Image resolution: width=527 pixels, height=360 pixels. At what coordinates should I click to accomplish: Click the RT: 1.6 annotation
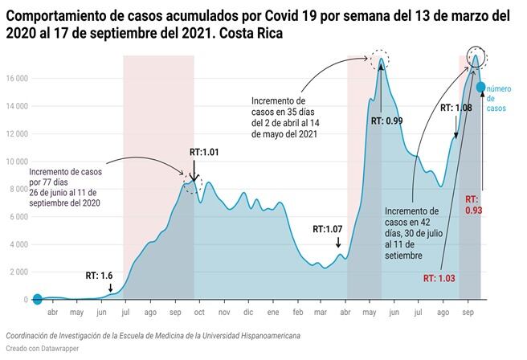point(100,276)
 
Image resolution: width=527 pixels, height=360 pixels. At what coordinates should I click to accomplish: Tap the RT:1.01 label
point(204,151)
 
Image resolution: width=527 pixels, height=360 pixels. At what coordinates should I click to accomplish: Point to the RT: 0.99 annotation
point(387,121)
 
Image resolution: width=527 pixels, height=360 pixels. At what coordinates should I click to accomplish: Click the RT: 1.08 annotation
point(456,107)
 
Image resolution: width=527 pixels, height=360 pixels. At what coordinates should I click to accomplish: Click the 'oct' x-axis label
point(198,312)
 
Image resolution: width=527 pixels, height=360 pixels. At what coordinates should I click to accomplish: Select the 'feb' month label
point(298,312)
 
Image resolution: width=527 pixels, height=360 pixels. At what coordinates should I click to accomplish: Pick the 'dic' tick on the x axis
point(248,312)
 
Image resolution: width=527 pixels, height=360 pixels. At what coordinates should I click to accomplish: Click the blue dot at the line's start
point(36,300)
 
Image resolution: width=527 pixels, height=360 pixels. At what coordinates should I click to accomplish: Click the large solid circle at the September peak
point(475,58)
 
